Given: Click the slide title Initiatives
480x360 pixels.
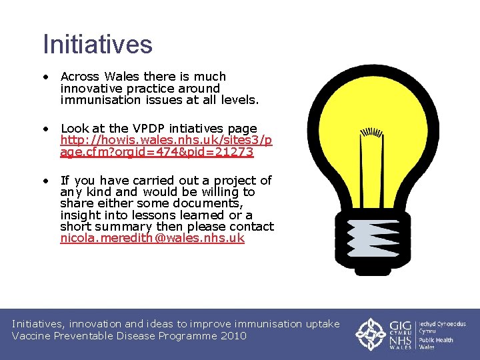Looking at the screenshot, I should (97, 45).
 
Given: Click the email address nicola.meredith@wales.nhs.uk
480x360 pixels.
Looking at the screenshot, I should (152, 238).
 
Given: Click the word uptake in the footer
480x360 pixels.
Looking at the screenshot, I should (322, 324).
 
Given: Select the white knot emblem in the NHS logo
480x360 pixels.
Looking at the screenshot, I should (369, 334).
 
